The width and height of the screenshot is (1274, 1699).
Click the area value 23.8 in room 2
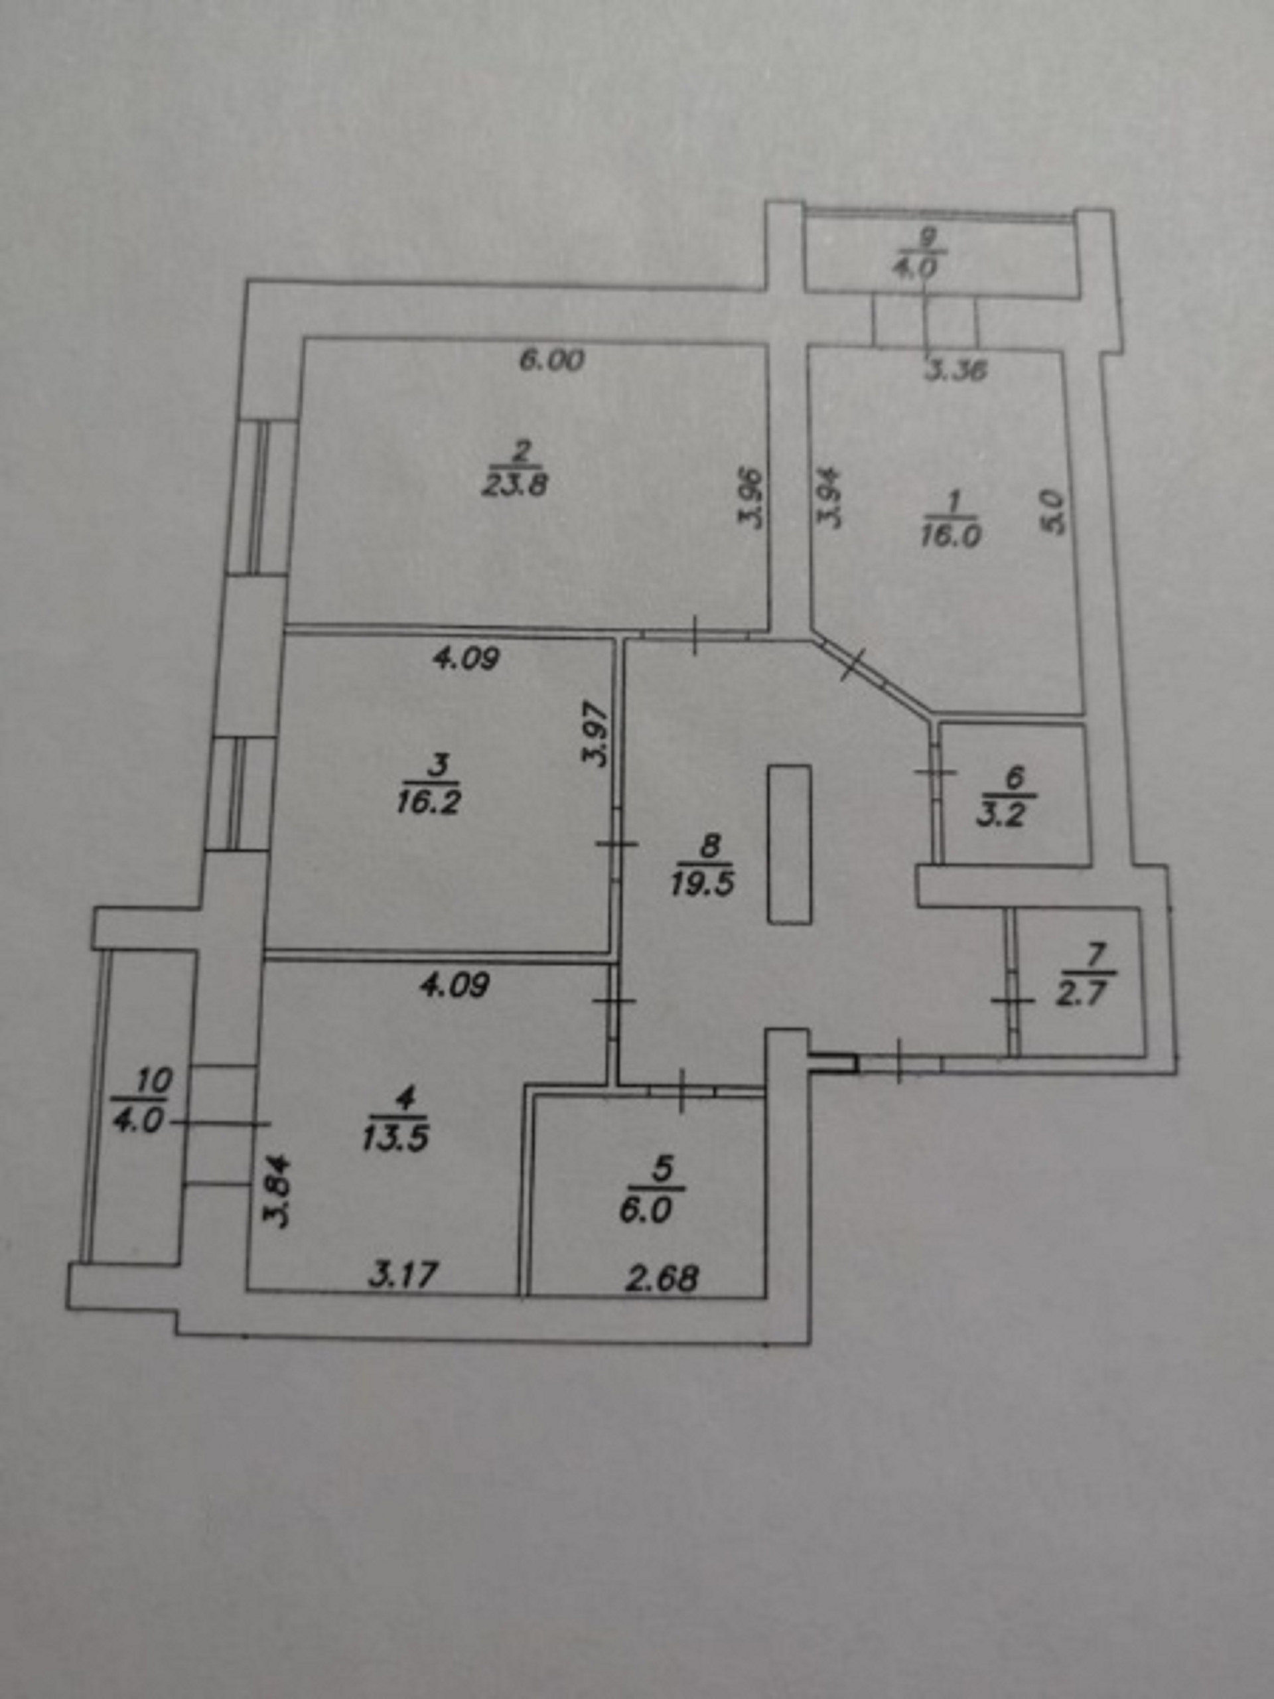tap(514, 484)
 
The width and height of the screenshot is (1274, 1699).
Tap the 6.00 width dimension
tap(552, 360)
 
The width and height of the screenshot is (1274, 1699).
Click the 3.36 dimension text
tap(955, 372)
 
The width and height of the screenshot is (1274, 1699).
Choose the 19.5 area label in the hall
tap(702, 884)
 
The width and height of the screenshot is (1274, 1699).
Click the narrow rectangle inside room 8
tap(790, 844)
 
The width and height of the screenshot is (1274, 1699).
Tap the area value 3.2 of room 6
tap(1001, 814)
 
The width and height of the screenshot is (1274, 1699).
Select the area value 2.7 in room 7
tap(1085, 995)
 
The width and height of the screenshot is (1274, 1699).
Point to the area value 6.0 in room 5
tap(644, 1211)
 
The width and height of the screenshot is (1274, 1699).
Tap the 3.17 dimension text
tap(404, 1276)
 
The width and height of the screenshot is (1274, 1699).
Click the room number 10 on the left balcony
tap(153, 1082)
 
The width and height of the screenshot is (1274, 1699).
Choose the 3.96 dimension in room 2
tap(752, 498)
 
